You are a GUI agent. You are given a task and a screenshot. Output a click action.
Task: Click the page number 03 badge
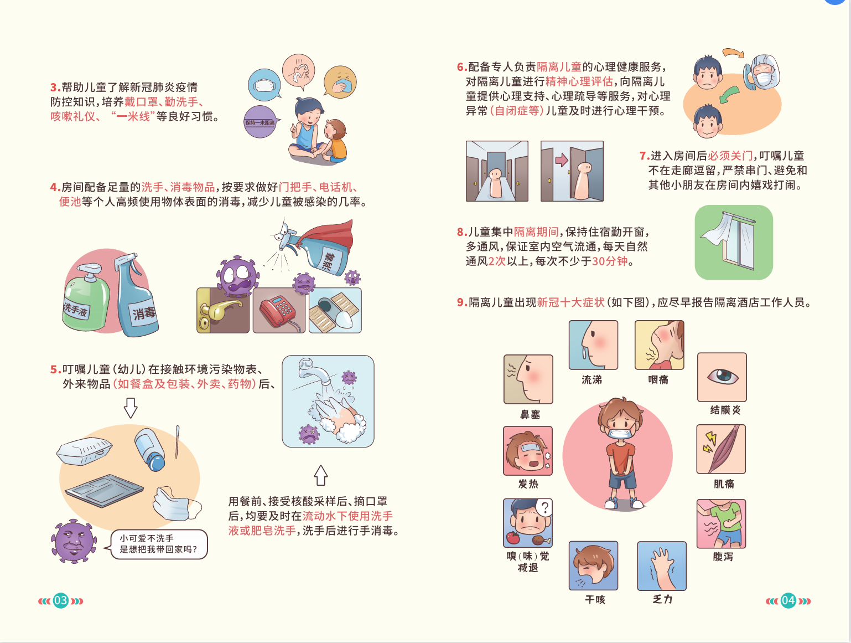coord(60,601)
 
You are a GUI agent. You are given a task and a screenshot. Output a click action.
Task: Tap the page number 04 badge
coord(788,601)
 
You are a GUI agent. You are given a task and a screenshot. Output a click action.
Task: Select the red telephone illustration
coord(278,311)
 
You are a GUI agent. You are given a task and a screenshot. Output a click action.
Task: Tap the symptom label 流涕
coord(592,379)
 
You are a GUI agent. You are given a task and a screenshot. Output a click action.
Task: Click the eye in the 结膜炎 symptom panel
coord(722,376)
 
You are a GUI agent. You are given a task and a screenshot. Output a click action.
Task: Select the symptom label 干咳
coord(595,600)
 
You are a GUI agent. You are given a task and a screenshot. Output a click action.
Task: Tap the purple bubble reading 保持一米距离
coord(260,122)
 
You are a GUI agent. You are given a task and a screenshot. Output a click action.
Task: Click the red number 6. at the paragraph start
coord(462,67)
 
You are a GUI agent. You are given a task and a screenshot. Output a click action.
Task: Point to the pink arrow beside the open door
coord(562,160)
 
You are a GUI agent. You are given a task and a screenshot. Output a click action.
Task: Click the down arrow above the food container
coord(131,408)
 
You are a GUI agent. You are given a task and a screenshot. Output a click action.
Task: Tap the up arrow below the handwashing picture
coord(320,475)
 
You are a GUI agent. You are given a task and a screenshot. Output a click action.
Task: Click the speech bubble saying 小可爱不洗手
coord(159,544)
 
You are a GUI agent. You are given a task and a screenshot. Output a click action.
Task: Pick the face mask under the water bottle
coord(177,503)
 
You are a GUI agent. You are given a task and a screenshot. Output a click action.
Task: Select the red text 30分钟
coord(609,261)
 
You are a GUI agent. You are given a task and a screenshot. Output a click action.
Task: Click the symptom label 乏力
coord(662,599)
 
